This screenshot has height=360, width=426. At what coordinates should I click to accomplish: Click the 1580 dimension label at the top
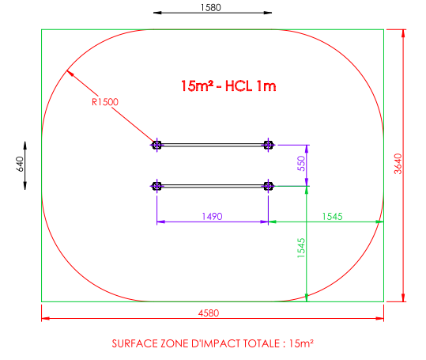[211, 7]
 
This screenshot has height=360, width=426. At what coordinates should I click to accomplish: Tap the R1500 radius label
[105, 102]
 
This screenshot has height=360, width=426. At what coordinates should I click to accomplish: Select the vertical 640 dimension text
[20, 164]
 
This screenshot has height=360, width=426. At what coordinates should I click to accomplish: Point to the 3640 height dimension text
[398, 164]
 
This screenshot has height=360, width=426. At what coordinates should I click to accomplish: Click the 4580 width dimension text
[209, 313]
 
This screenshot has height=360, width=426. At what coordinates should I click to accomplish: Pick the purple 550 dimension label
[301, 164]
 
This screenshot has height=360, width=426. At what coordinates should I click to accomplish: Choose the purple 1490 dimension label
[212, 217]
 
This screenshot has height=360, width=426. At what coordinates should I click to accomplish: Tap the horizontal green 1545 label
[332, 217]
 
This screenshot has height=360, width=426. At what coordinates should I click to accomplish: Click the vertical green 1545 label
[301, 248]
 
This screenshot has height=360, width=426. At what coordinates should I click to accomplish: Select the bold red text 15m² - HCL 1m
[228, 86]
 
